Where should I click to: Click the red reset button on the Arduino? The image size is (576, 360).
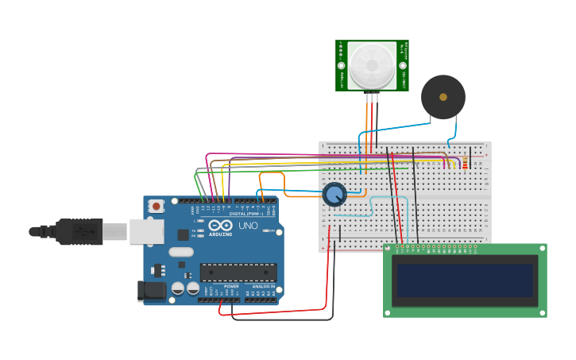coord(157,206)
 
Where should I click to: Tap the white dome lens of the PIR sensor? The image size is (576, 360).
coord(372,66)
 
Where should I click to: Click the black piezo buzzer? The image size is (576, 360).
coord(443,97)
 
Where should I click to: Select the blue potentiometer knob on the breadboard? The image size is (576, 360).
coord(334,194)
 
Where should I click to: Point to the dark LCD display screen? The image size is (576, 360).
coord(465,281)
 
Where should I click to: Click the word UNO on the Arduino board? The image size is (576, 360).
coord(248,226)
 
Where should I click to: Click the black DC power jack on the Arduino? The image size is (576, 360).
coord(152,291)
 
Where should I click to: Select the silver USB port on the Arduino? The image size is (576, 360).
coord(146,231)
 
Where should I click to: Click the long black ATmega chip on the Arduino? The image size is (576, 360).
coord(238,273)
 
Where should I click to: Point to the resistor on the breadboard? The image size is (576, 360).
coord(465,164)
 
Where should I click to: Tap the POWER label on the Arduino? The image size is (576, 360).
coord(231,286)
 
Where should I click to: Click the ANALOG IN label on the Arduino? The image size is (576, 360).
coord(263,286)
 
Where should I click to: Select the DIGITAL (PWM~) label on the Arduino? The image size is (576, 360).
coord(245,214)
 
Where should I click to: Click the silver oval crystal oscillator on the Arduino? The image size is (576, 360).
coord(181,252)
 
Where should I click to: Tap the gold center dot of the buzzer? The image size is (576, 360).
coord(443,97)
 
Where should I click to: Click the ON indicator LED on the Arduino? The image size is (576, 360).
coord(267,230)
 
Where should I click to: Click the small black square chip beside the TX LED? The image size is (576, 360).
coord(184,234)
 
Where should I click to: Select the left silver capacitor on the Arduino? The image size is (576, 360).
coord(179,288)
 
